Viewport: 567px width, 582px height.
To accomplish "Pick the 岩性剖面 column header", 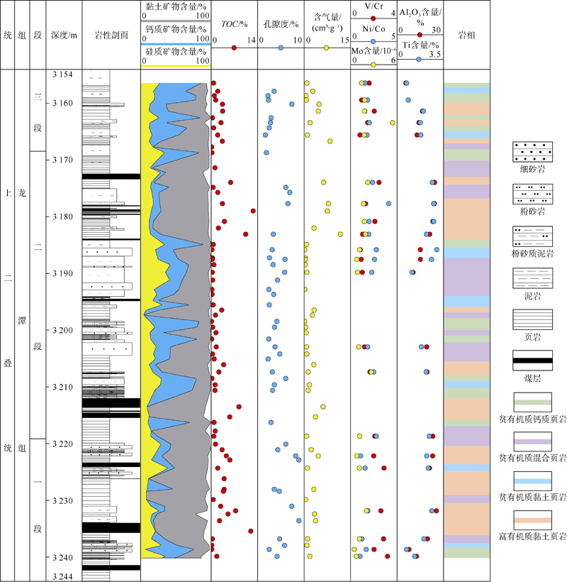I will click(111, 34).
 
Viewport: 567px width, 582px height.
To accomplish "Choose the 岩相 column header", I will click(466, 34).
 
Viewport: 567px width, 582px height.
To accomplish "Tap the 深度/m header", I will click(63, 34).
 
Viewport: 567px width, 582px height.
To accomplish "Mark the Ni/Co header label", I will click(374, 29).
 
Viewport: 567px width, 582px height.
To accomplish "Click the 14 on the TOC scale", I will click(251, 41).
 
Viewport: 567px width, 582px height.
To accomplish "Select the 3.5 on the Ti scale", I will click(435, 54).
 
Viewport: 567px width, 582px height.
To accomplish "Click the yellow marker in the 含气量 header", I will click(326, 48).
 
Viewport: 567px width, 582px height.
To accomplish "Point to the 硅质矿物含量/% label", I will click(176, 51).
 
